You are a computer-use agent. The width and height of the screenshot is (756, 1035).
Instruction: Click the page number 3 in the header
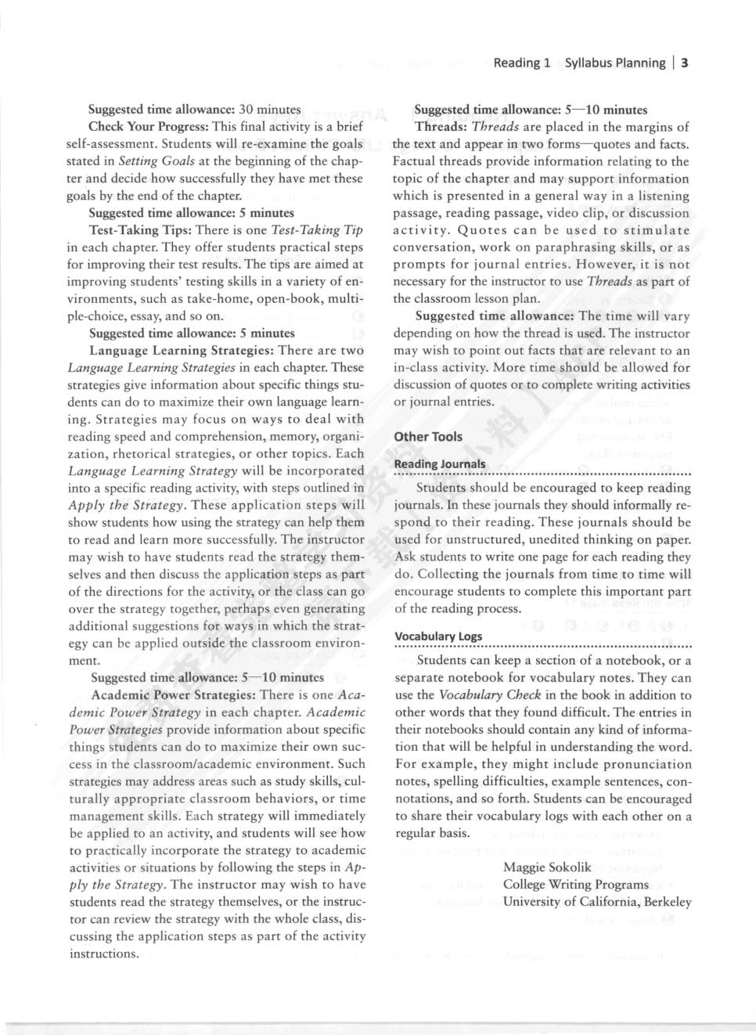point(684,63)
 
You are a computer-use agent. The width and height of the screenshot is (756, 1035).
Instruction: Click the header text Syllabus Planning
point(614,63)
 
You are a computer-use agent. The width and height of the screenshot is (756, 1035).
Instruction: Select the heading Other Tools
point(428,437)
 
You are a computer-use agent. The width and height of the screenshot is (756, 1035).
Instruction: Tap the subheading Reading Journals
point(440,463)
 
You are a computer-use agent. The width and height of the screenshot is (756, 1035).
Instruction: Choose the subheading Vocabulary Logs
point(438,636)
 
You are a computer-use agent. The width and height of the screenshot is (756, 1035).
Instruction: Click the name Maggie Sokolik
point(547,867)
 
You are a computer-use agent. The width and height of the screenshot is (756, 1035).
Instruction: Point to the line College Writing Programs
point(575,884)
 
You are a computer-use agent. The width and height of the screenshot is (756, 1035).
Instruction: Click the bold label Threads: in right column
point(441,127)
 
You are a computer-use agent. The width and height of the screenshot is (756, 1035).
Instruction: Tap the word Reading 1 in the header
point(522,63)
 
